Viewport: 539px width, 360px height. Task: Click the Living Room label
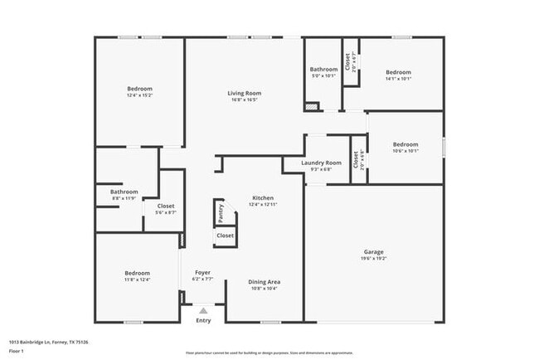[245, 94]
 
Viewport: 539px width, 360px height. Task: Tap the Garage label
[373, 251]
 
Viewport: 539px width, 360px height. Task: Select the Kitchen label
[263, 197]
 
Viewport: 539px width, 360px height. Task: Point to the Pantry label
[221, 214]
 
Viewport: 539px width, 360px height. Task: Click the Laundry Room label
[322, 163]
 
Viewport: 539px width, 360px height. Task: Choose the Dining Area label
[263, 282]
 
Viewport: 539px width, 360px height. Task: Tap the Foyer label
[202, 272]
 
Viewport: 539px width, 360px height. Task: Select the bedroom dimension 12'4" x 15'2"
[139, 95]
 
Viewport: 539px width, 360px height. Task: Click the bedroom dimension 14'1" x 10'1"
[398, 79]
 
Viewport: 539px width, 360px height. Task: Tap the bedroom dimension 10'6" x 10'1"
[405, 151]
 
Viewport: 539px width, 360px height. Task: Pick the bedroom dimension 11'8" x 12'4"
[138, 280]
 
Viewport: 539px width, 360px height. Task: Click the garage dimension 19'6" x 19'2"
[373, 258]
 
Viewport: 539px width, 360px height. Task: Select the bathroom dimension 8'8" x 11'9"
[124, 198]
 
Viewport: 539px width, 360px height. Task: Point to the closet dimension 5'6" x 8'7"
[165, 212]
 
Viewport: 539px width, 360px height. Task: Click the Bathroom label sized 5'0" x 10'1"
[323, 69]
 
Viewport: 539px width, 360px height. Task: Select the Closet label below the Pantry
[225, 236]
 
